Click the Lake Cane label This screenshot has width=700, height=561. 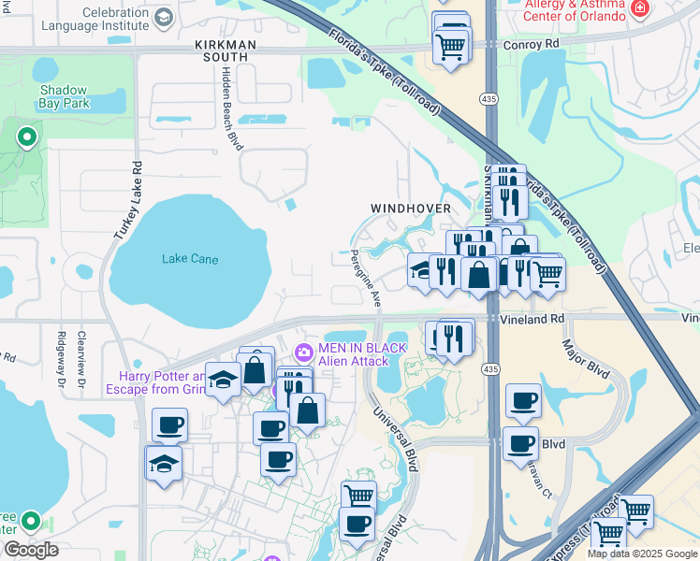coord(190,259)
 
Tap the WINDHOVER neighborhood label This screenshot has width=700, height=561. coord(411,208)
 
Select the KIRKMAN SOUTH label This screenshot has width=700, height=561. coord(222,50)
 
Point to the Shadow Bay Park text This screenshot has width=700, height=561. coord(65,96)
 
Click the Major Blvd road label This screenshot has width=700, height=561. coord(585,364)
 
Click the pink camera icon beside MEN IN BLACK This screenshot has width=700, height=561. coord(303,353)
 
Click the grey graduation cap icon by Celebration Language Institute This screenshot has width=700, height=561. coord(164,17)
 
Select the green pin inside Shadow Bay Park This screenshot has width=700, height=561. coord(27,137)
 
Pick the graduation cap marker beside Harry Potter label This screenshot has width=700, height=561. coord(223,379)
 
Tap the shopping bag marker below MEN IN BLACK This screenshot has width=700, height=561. coord(307,410)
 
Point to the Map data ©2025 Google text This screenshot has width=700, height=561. coord(641,554)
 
